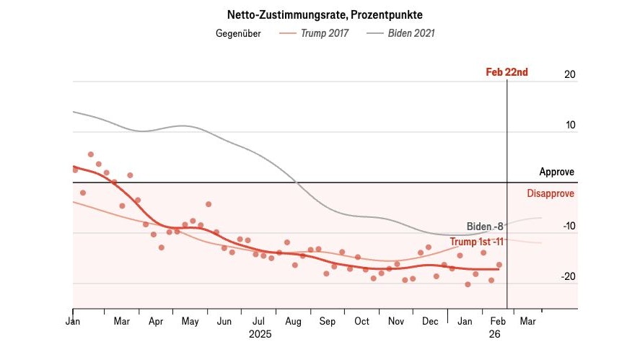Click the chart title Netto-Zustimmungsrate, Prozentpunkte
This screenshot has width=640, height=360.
[x=320, y=14]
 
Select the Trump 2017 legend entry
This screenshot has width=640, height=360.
[x=325, y=33]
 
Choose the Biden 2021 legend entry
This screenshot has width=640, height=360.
[x=411, y=33]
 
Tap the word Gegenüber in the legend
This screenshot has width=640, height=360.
[x=239, y=33]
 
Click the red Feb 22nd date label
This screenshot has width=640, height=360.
[x=507, y=72]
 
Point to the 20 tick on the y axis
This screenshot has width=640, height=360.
[x=570, y=74]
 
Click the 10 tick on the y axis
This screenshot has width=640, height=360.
[x=570, y=125]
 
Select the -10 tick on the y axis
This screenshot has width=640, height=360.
[x=569, y=226]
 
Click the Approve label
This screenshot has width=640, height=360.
[x=557, y=172]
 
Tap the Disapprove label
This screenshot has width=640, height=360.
[x=551, y=193]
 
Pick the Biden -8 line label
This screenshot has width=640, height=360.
[x=485, y=226]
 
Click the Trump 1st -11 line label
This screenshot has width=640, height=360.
[x=477, y=242]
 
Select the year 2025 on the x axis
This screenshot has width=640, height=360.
[x=260, y=335]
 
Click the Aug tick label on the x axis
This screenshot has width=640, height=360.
[x=294, y=321]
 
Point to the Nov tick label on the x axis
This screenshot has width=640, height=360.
[x=396, y=321]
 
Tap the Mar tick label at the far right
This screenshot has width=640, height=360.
[x=528, y=321]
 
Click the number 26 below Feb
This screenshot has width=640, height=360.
[x=494, y=335]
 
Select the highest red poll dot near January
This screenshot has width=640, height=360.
[x=91, y=154]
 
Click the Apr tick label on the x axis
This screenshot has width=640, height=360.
[x=155, y=321]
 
